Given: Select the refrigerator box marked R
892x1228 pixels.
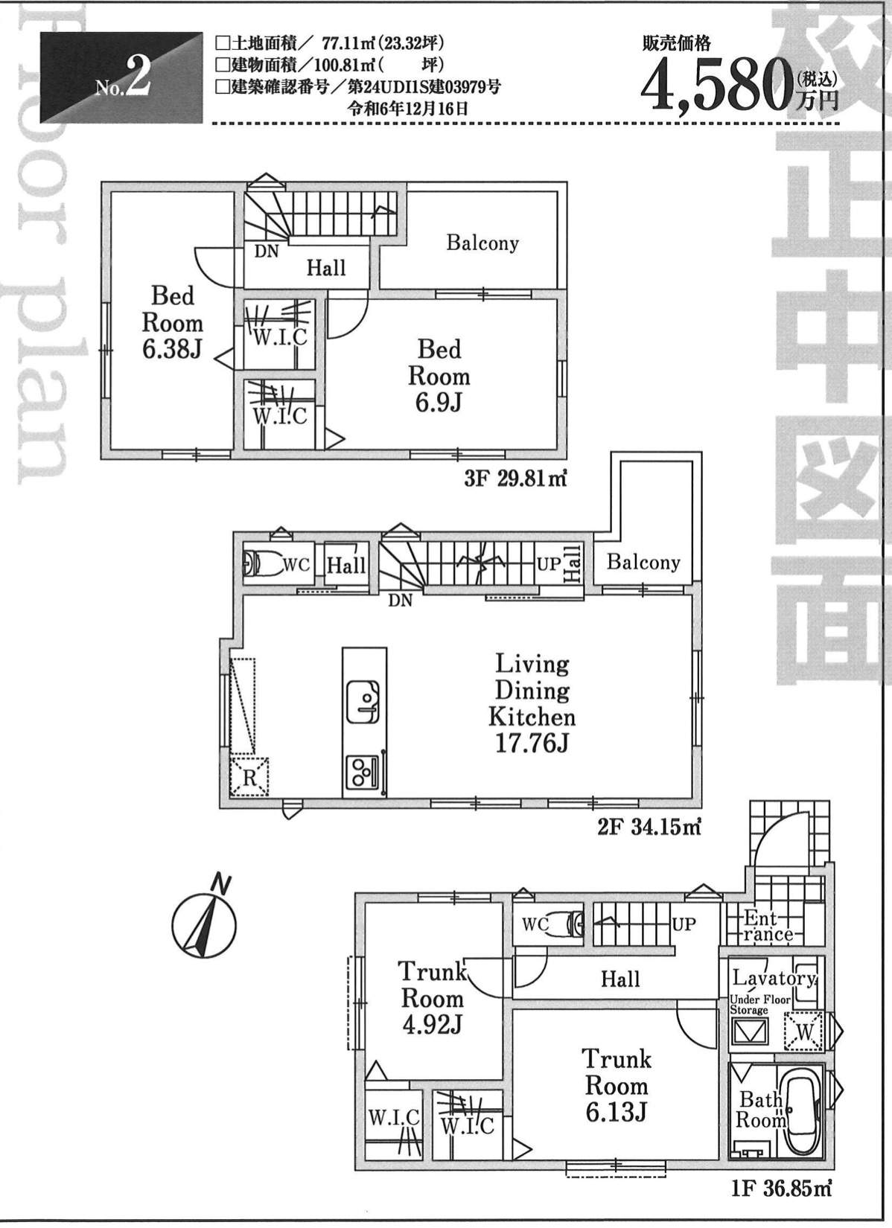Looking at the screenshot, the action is pyautogui.click(x=249, y=776).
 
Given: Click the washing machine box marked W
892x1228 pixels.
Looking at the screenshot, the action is pyautogui.click(x=804, y=1032).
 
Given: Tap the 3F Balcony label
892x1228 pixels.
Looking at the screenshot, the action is pyautogui.click(x=482, y=243).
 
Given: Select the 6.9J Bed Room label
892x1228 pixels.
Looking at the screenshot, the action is pyautogui.click(x=439, y=376).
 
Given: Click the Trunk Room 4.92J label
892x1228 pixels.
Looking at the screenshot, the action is pyautogui.click(x=433, y=997).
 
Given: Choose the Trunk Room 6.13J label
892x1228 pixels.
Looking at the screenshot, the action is pyautogui.click(x=617, y=1085).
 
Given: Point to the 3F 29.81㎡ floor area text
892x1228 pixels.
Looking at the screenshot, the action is pyautogui.click(x=515, y=480).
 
